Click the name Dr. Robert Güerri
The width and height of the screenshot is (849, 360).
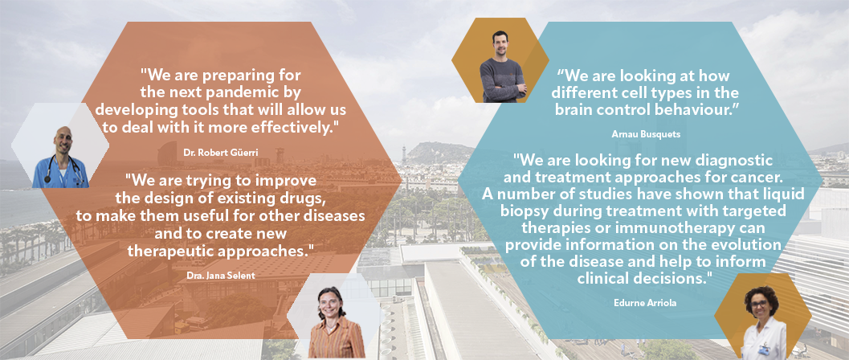220,153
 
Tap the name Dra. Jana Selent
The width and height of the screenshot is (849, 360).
220,276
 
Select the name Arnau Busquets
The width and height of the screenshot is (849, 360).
645,133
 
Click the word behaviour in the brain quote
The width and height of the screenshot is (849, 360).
682,108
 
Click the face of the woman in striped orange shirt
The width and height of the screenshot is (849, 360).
331,305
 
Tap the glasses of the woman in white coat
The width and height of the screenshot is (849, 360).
760,304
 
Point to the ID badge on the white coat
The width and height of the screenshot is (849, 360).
764,351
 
